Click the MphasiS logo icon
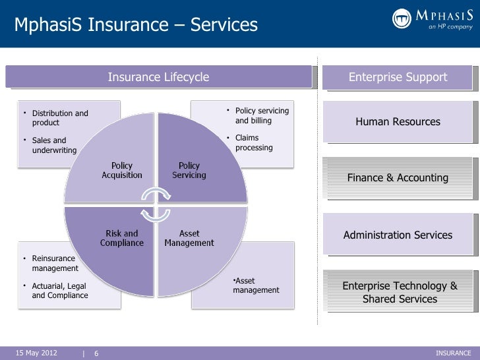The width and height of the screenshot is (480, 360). click(x=402, y=18)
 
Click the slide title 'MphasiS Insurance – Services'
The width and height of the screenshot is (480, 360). click(x=136, y=25)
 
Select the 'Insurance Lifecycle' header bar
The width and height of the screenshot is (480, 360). click(x=158, y=78)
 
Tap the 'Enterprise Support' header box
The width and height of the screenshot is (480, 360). click(x=398, y=78)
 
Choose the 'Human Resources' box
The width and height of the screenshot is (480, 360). click(x=398, y=122)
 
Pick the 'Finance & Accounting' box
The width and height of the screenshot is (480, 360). click(x=398, y=178)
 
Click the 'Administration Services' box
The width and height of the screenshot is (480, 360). click(x=398, y=235)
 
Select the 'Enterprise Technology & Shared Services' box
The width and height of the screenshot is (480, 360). click(x=399, y=293)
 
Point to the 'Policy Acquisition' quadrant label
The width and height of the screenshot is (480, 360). click(x=122, y=171)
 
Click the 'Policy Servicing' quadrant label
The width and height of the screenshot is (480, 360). click(x=189, y=171)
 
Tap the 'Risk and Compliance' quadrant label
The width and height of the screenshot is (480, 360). click(x=122, y=238)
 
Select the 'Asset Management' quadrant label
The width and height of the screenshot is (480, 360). click(x=190, y=238)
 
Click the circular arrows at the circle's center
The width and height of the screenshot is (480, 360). click(x=156, y=204)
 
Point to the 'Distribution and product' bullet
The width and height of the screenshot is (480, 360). click(x=59, y=118)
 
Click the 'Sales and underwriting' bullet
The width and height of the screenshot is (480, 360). click(x=54, y=145)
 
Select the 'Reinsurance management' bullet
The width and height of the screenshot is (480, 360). click(x=55, y=264)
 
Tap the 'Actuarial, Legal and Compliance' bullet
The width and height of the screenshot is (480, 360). click(x=59, y=291)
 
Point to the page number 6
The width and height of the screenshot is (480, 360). click(x=96, y=353)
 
